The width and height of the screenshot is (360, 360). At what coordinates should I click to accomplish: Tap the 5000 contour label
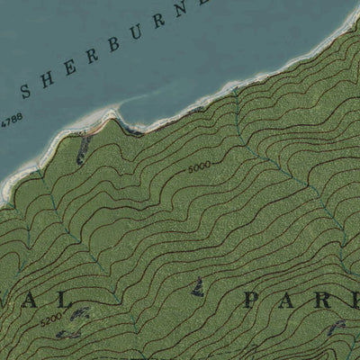pyautogui.click(x=200, y=167)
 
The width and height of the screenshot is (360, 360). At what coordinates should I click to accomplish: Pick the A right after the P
pyautogui.click(x=285, y=299)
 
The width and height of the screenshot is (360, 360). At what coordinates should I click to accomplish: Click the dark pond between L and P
pyautogui.click(x=198, y=287)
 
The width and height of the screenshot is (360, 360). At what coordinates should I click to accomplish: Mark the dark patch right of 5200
pyautogui.click(x=80, y=314)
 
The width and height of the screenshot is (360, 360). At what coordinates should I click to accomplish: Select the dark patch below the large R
pyautogui.click(x=337, y=327)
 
